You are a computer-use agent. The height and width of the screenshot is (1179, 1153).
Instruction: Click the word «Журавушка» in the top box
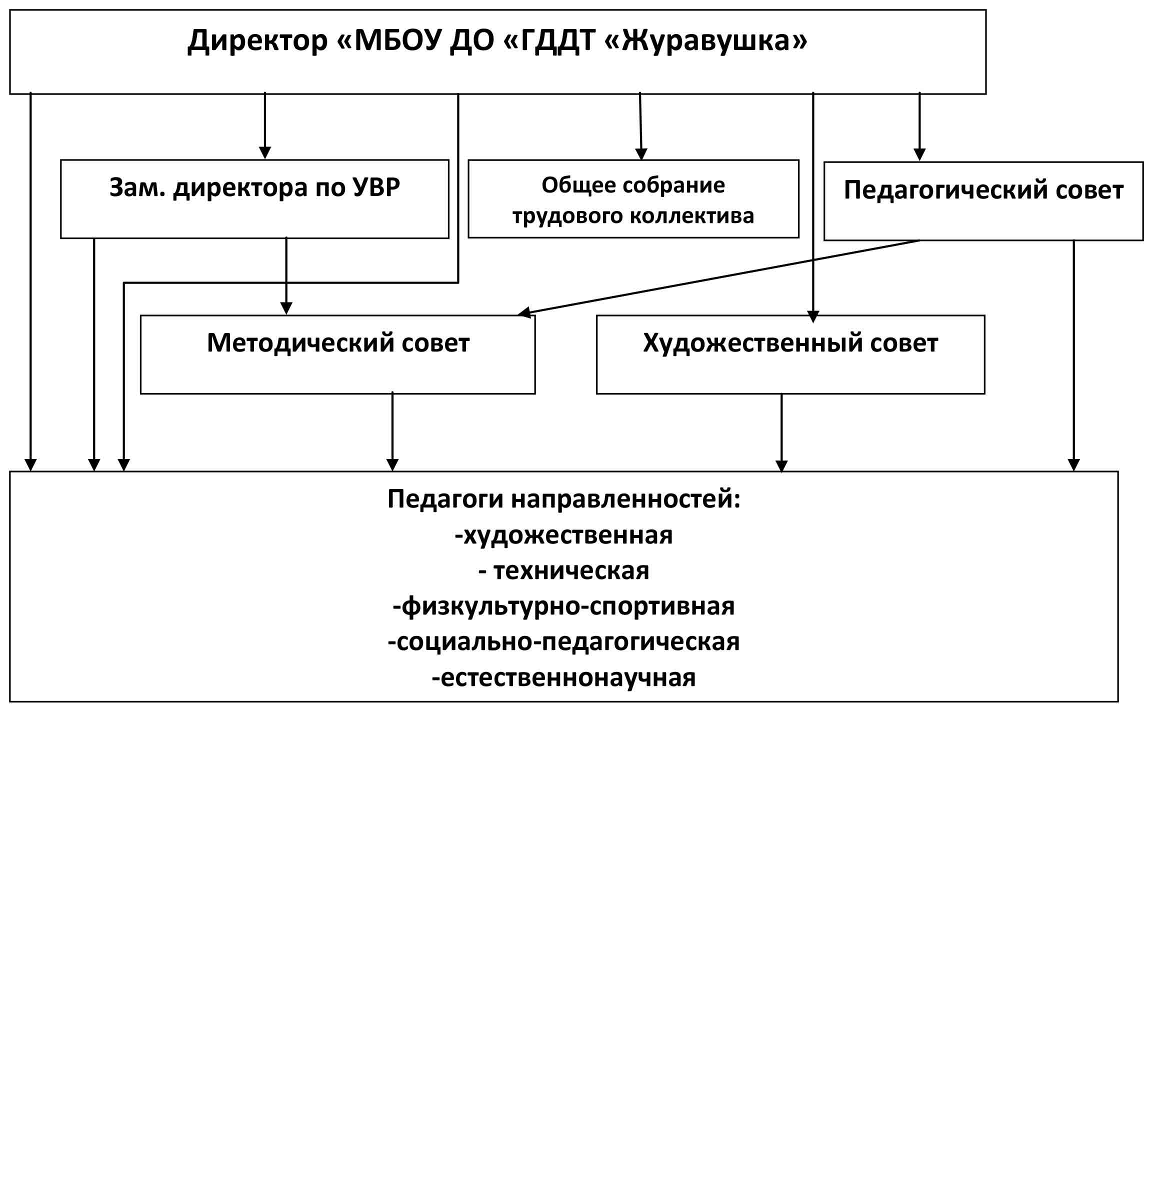(x=705, y=41)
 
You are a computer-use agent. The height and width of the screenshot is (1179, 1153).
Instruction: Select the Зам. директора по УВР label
(x=254, y=187)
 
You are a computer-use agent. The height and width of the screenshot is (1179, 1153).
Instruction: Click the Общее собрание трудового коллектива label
(x=633, y=200)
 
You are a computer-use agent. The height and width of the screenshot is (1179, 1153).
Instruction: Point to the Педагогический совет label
(x=983, y=190)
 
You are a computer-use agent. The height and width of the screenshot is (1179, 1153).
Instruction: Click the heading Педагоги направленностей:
(x=564, y=499)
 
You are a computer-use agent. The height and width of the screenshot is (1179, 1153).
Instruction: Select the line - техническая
(x=564, y=571)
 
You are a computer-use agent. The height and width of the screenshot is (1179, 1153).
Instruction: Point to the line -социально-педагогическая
(x=564, y=642)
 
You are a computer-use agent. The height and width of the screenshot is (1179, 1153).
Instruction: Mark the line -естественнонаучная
(x=564, y=677)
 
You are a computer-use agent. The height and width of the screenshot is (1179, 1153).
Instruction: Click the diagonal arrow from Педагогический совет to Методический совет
(x=719, y=277)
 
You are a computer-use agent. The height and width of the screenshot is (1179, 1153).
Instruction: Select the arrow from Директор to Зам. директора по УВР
(x=264, y=126)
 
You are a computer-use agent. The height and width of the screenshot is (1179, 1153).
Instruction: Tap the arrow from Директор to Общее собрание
(x=640, y=126)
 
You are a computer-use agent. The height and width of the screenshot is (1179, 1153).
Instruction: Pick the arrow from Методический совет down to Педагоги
(x=392, y=431)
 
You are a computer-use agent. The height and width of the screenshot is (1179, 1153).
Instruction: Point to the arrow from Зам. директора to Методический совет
(x=286, y=275)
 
